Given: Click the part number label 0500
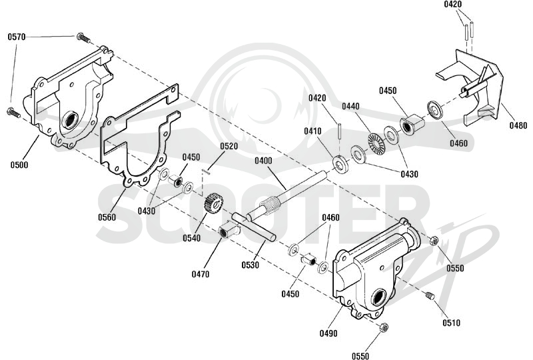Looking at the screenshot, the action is coord(19,165).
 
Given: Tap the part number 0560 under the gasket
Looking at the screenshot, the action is coord(107,217).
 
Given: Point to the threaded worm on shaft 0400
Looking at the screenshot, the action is coord(270,206).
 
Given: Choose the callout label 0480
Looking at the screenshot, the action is coord(518,125).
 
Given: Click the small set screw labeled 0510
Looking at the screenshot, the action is coord(430,296).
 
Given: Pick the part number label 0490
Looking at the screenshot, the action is coord(328,333).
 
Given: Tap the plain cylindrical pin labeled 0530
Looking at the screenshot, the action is coord(254,227).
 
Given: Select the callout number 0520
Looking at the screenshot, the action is coord(229,146).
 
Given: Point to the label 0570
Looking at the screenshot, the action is coord(17,37).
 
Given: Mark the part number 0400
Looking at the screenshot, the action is coord(263,160).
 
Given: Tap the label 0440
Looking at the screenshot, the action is coord(350,107).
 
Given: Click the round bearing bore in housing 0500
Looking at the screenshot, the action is coord(71,120).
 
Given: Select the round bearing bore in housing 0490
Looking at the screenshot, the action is coord(378,298).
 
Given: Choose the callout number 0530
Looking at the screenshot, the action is coord(251,265).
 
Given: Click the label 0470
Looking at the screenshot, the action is coord(201,274).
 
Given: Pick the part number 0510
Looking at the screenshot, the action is coord(452,323).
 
